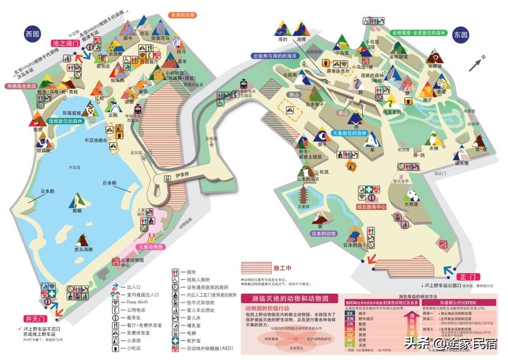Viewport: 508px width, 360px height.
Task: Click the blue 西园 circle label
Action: click(x=32, y=34)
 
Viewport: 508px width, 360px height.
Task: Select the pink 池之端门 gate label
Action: click(x=64, y=44)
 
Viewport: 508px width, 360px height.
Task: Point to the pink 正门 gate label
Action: click(x=452, y=277)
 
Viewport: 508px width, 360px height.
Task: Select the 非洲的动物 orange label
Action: click(x=183, y=15)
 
